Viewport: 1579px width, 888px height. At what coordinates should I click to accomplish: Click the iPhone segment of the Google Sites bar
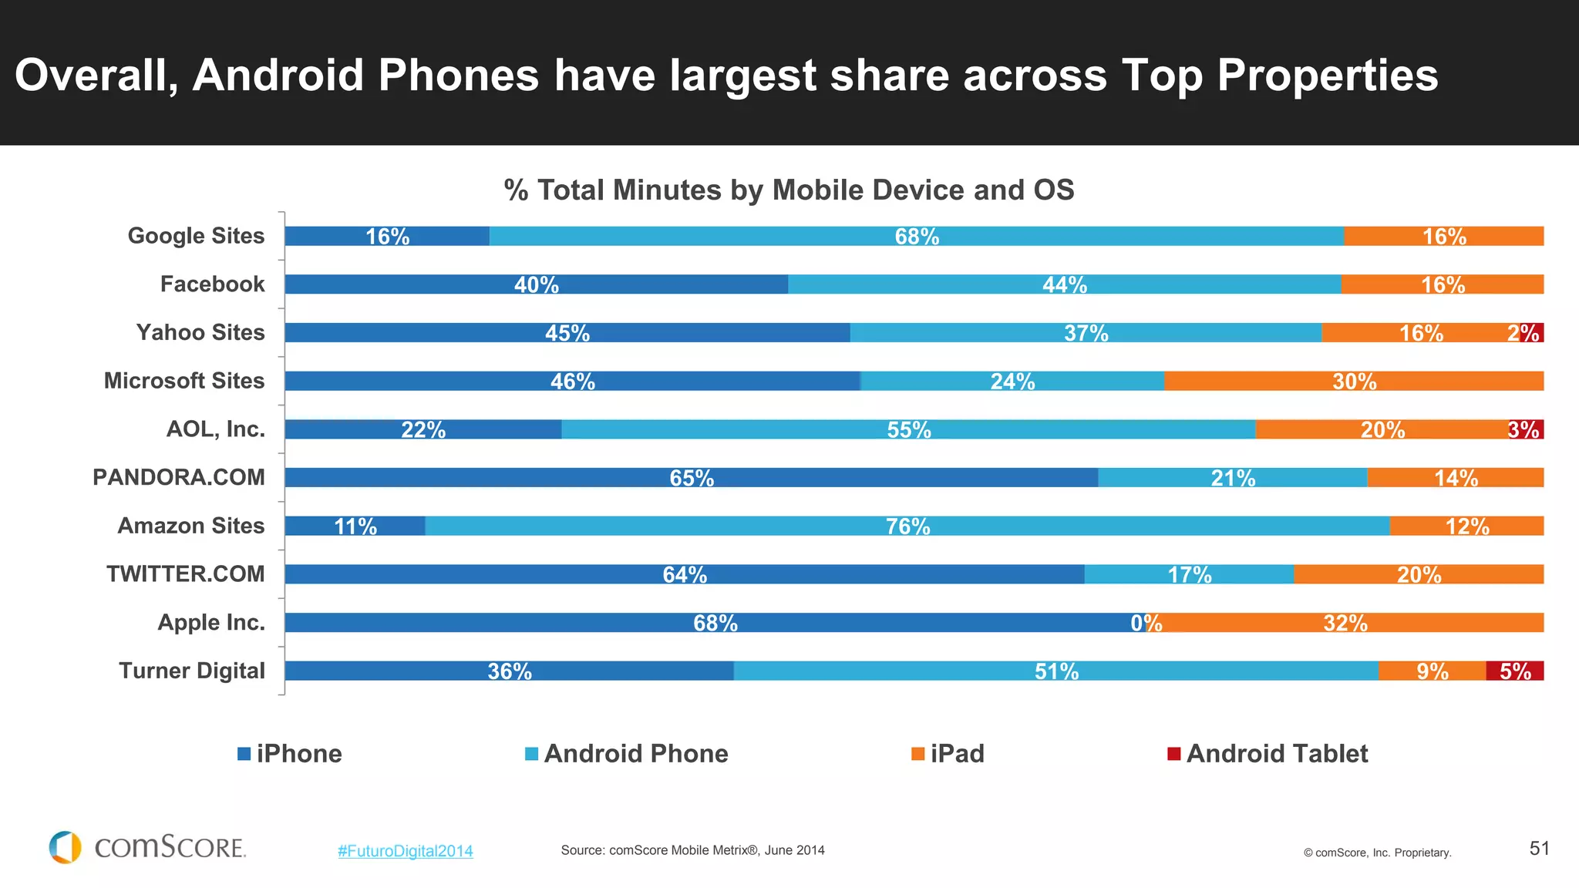386,236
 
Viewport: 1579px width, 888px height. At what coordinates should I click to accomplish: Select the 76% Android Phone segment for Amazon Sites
907,526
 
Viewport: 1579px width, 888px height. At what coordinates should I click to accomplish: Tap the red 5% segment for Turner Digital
1514,671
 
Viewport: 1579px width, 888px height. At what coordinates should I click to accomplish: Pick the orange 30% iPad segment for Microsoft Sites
1354,381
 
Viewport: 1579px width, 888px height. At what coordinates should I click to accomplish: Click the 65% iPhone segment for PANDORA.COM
691,477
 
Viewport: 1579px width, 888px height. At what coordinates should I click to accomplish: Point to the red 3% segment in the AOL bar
1526,429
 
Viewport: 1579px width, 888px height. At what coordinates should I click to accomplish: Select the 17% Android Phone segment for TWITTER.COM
1189,574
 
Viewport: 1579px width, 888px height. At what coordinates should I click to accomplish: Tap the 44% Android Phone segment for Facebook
1064,284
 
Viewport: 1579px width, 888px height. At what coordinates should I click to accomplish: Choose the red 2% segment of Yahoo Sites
1532,333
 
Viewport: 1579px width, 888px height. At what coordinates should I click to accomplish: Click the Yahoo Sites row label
200,332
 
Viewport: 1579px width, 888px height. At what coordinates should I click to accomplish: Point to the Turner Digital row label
191,671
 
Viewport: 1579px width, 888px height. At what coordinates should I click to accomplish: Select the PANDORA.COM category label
178,477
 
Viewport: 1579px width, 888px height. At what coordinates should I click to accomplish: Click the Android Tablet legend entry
1268,753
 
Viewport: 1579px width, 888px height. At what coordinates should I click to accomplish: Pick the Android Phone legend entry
626,753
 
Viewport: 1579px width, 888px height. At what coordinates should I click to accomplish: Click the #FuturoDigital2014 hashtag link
405,851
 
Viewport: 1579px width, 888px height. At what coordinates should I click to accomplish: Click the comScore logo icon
66,847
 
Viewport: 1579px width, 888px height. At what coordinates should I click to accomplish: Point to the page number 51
1539,849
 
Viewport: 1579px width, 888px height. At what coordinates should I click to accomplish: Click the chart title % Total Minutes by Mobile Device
789,190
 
